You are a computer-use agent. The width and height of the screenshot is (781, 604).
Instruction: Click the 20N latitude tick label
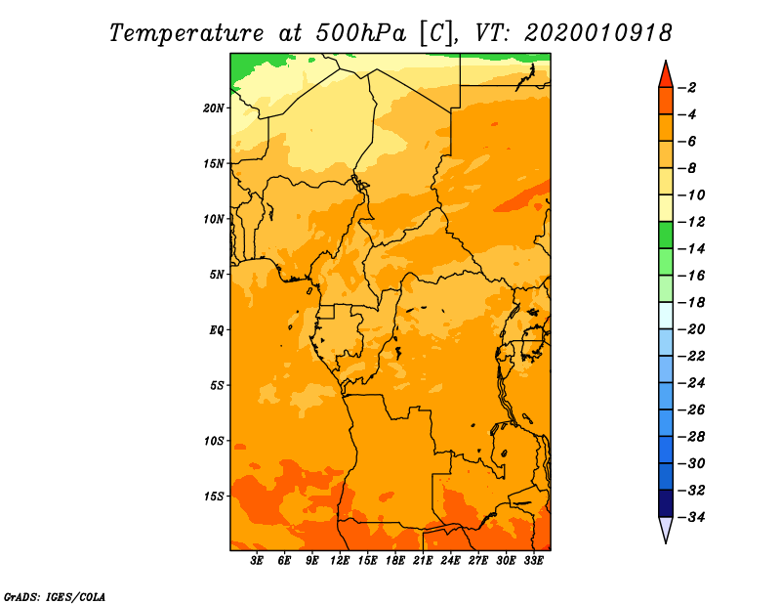click(x=214, y=108)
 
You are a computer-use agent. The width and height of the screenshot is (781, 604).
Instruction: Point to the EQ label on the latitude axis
click(x=217, y=329)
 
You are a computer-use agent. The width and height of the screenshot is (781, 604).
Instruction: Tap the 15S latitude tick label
click(x=214, y=496)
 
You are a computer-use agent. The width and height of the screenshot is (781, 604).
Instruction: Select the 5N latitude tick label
click(x=217, y=274)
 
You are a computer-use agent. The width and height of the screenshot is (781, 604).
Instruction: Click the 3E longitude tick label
click(x=258, y=561)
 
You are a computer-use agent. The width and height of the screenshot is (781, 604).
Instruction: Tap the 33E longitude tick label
click(x=534, y=561)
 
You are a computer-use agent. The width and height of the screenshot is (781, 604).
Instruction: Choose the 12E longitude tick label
click(x=341, y=561)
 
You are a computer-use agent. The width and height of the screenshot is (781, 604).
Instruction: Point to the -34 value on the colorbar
click(x=691, y=516)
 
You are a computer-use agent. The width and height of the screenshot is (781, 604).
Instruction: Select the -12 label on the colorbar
click(x=691, y=221)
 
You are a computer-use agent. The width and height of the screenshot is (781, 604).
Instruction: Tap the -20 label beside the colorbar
click(x=691, y=328)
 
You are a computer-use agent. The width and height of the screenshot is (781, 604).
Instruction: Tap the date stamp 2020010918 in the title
click(x=598, y=32)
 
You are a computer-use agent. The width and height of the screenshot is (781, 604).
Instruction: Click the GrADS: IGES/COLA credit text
click(x=55, y=595)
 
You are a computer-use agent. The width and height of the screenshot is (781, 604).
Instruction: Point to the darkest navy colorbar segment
click(x=666, y=502)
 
